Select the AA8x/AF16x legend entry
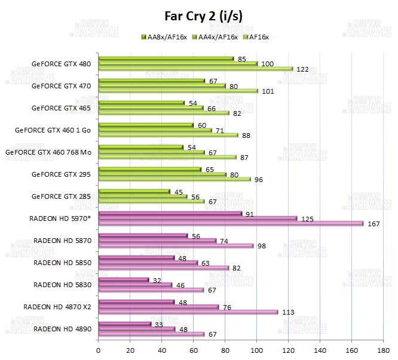pos(164,37)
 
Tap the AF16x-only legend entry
pos(255,37)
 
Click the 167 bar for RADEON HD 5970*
pos(231,224)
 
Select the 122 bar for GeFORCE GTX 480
pos(195,69)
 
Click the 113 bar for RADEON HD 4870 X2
pos(188,312)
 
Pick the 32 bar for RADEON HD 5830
pos(123,279)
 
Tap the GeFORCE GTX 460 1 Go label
pos(53,130)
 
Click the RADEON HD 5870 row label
pos(62,240)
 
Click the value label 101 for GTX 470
pos(268,91)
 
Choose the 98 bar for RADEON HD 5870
pos(176,246)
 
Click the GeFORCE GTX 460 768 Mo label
pos(48,152)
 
